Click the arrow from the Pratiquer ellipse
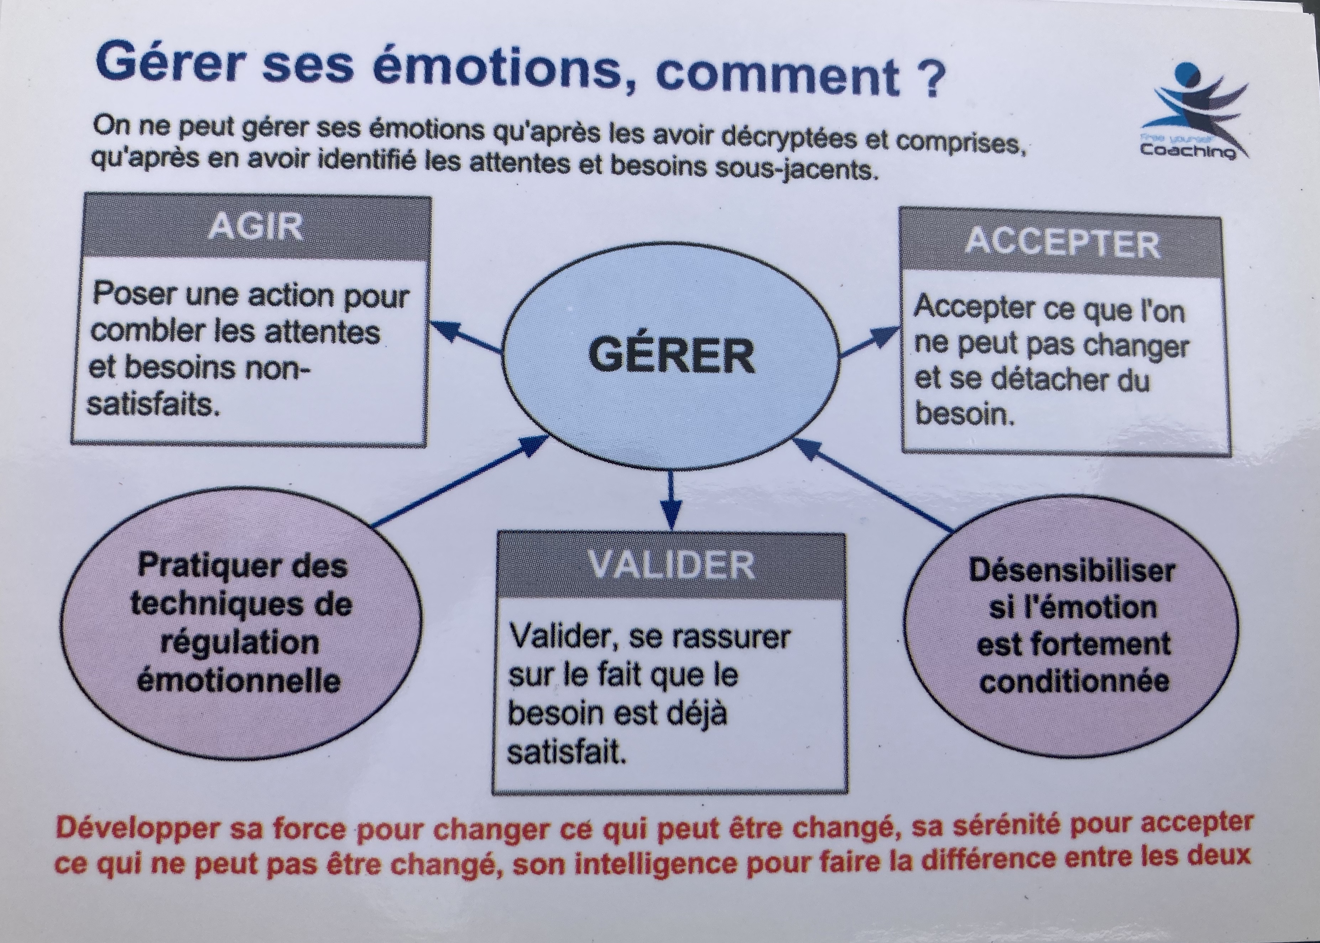point(459,482)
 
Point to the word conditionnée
point(1074,681)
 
